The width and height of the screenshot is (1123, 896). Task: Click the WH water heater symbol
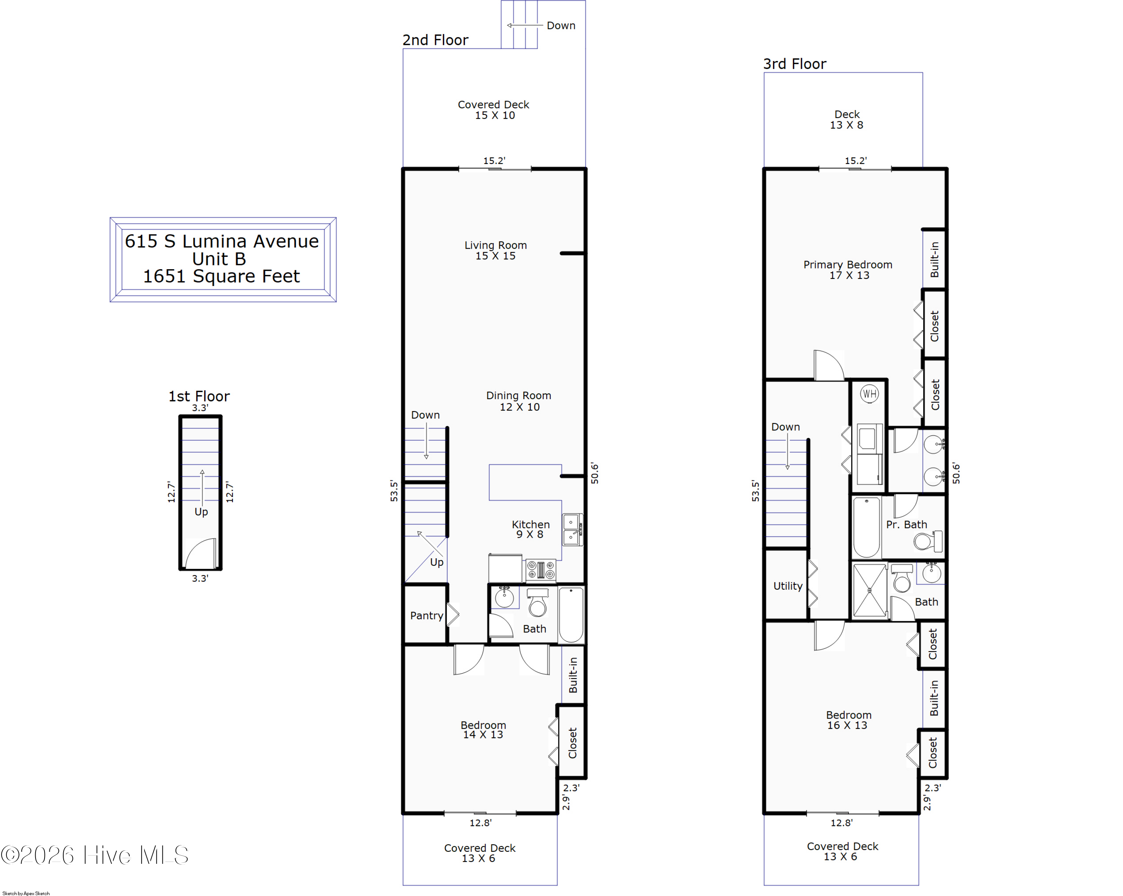869,394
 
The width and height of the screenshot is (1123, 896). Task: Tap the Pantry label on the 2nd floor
427,616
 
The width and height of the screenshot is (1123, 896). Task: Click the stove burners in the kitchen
541,570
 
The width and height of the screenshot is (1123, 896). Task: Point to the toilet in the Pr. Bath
928,541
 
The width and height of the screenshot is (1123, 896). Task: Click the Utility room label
788,586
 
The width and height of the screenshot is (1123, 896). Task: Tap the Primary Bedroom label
848,270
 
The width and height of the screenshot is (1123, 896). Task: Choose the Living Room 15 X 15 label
495,250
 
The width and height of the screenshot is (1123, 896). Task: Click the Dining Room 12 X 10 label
519,401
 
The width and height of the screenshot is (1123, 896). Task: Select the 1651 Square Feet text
221,276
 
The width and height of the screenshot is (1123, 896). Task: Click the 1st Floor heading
199,397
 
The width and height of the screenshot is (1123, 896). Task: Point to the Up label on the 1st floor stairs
201,512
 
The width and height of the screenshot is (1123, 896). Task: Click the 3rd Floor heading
795,64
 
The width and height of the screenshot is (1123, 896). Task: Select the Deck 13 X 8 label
847,119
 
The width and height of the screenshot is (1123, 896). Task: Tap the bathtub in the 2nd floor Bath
571,615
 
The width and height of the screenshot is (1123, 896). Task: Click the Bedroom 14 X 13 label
483,730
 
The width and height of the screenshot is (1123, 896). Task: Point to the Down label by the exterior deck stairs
561,25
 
